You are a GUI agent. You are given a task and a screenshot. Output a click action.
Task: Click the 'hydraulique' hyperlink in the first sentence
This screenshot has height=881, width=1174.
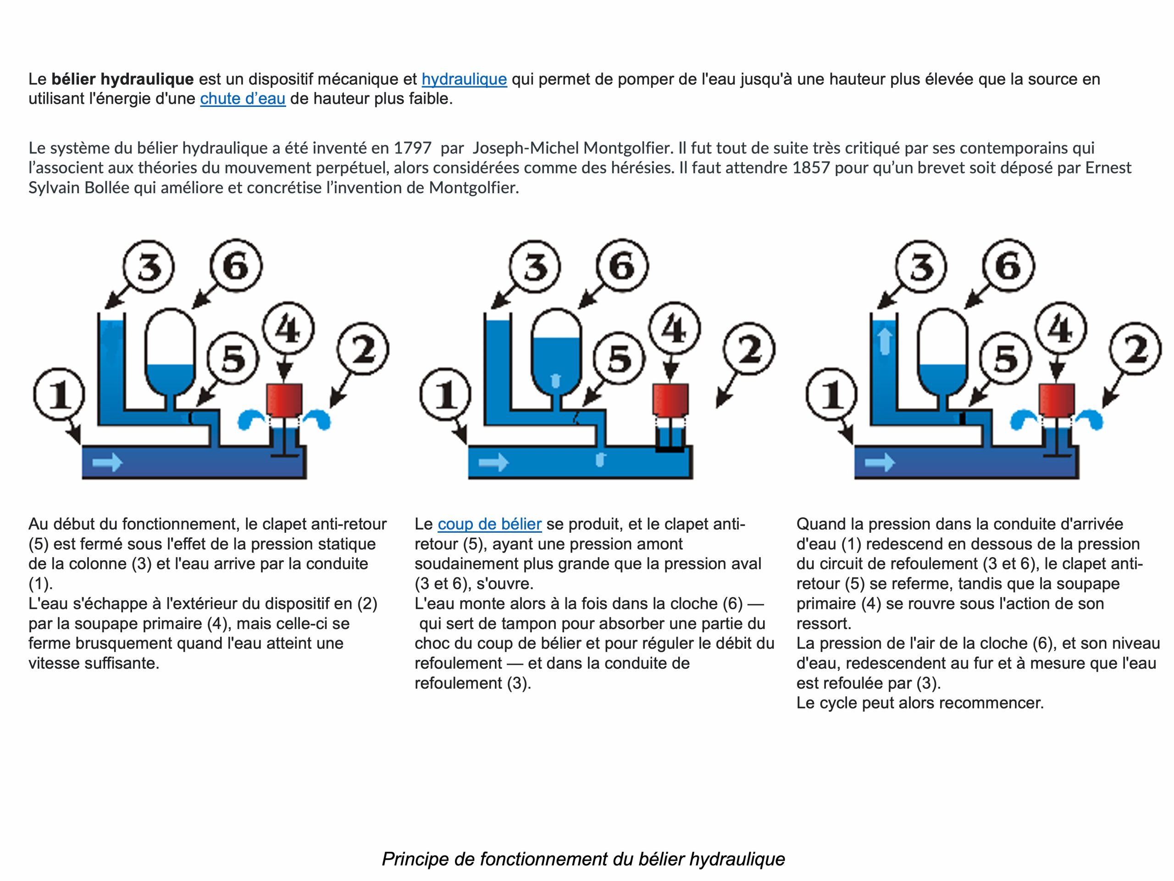click(x=464, y=79)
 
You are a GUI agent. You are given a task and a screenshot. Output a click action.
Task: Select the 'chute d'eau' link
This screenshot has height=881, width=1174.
click(x=243, y=99)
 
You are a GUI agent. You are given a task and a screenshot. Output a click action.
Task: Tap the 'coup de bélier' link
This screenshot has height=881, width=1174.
click(x=489, y=524)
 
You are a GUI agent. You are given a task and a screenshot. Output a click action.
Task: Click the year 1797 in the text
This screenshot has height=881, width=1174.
click(x=412, y=148)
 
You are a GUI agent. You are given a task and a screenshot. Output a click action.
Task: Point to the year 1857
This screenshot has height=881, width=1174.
click(x=810, y=168)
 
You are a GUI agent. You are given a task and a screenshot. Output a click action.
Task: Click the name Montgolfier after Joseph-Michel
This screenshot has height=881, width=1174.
click(x=620, y=148)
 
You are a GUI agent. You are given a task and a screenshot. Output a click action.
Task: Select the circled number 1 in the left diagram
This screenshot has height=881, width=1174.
click(x=59, y=396)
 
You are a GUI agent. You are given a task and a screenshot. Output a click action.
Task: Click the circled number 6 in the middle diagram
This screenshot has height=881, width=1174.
click(x=622, y=266)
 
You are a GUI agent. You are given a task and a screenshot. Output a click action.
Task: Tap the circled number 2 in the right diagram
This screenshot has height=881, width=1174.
click(x=1136, y=350)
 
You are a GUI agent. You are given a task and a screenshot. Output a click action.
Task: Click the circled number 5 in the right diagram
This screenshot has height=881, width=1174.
click(x=1005, y=359)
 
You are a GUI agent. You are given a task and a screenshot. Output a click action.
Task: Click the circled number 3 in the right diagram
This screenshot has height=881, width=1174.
click(x=922, y=266)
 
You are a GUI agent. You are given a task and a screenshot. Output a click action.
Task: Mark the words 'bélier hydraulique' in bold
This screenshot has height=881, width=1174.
click(x=122, y=79)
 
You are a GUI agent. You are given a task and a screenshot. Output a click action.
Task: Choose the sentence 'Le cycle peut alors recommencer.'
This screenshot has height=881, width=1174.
click(x=920, y=703)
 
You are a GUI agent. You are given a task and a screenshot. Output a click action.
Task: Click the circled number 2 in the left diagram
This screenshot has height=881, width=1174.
click(x=364, y=350)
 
